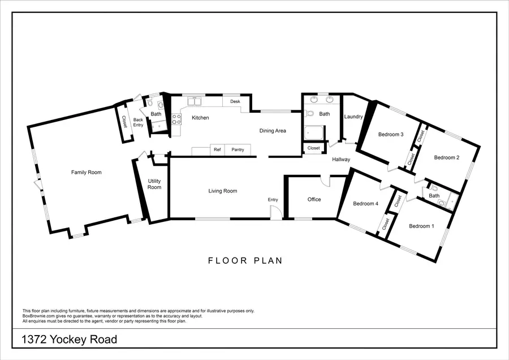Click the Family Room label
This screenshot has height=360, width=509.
(x=87, y=172)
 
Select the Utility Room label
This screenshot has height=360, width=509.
(x=154, y=184)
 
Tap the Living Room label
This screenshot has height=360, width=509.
(x=223, y=191)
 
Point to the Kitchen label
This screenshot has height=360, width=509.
(x=200, y=118)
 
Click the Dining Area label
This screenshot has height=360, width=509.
(x=273, y=131)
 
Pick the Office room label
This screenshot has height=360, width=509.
(x=314, y=199)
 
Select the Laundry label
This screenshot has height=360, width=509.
(x=353, y=117)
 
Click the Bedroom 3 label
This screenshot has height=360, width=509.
(x=391, y=134)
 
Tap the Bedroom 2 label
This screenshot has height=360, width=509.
(x=446, y=158)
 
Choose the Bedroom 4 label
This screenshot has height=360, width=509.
(x=365, y=204)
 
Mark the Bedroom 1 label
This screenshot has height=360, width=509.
(x=421, y=226)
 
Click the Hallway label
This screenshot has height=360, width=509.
(x=341, y=160)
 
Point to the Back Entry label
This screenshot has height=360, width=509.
(x=138, y=122)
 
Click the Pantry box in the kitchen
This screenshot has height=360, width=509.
(x=238, y=150)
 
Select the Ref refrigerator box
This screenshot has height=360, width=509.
(x=217, y=150)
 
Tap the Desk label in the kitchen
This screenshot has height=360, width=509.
(x=235, y=101)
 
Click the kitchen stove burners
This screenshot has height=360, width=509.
(x=176, y=119)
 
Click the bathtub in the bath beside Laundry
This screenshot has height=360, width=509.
(x=313, y=133)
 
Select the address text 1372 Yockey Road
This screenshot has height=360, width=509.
(x=70, y=340)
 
